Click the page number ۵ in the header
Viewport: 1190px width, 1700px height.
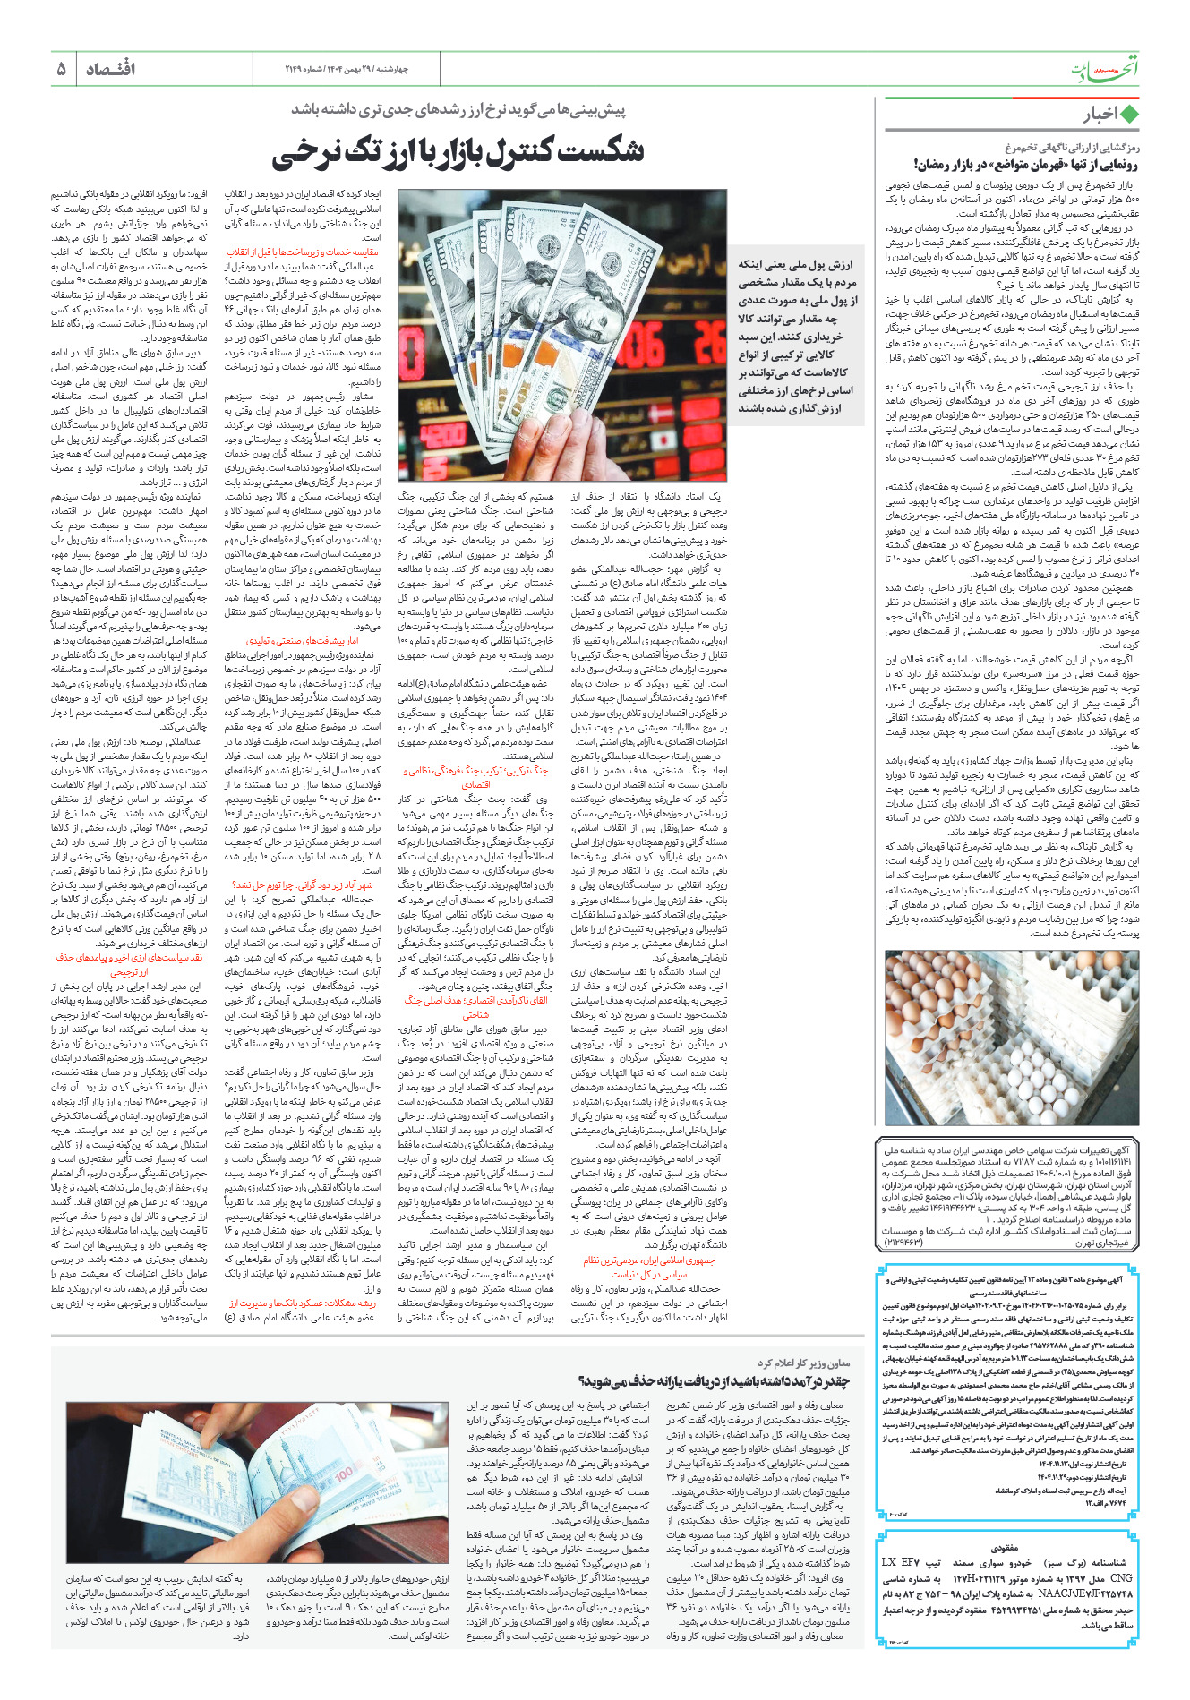pyautogui.click(x=62, y=69)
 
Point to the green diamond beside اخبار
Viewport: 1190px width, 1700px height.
pyautogui.click(x=1129, y=115)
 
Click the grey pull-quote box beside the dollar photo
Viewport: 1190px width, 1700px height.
pyautogui.click(x=795, y=336)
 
